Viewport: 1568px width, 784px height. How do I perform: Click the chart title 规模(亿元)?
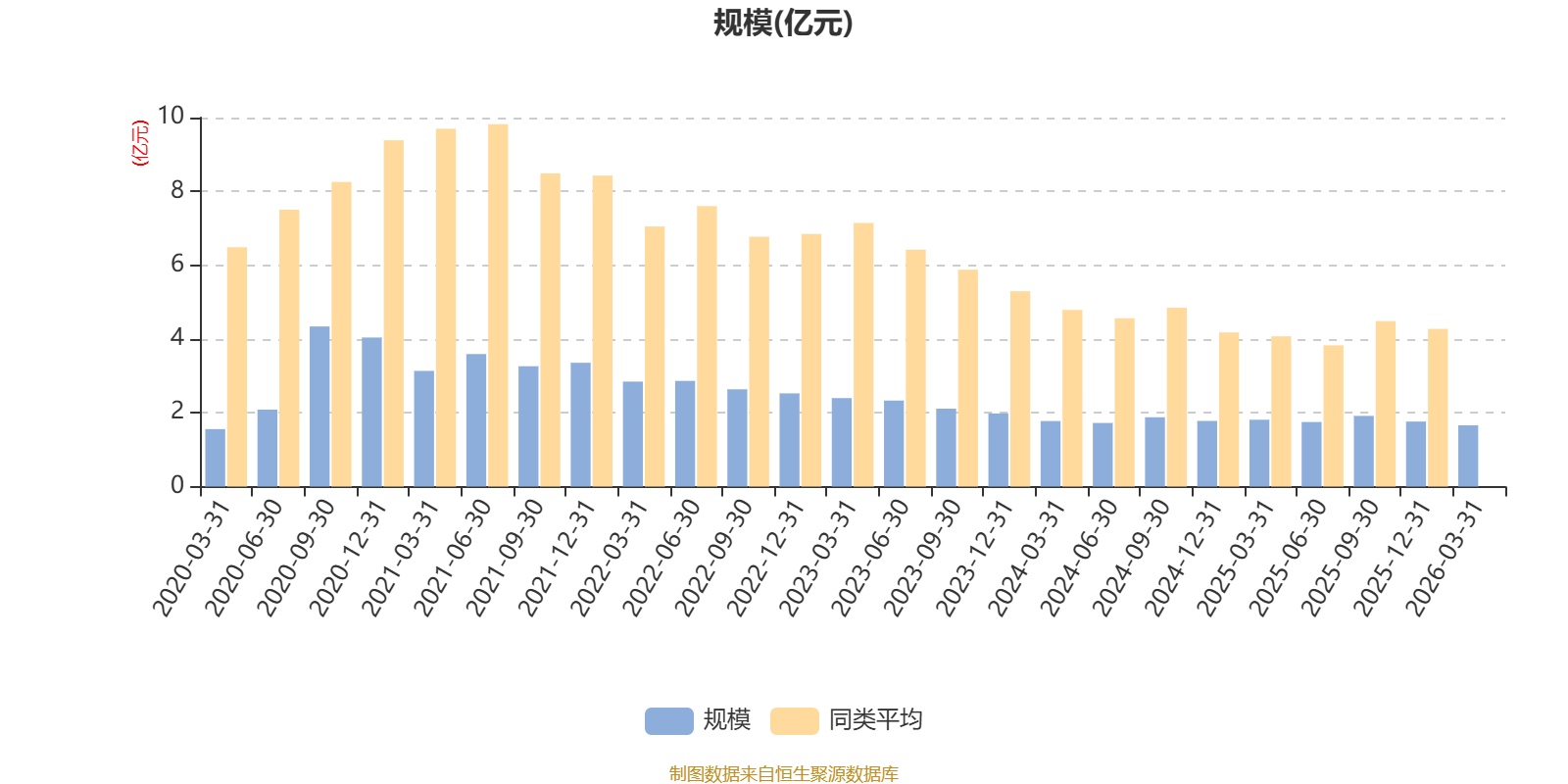pos(783,24)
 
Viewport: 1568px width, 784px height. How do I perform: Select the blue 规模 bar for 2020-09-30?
pos(319,407)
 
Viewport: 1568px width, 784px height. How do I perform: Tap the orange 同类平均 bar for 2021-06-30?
pos(498,305)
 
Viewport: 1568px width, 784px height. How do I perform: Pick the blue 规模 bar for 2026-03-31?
pos(1468,456)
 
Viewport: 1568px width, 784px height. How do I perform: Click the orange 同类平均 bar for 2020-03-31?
pos(237,367)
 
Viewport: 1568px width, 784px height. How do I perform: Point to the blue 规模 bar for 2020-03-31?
pos(215,458)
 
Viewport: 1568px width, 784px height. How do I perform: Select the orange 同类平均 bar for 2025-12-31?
pos(1438,408)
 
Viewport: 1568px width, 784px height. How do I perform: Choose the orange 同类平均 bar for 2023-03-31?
pos(863,355)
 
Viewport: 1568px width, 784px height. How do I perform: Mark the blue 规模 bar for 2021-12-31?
pos(580,424)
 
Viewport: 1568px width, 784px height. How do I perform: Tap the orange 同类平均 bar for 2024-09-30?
pos(1177,397)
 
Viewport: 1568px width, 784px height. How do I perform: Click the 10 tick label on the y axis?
pos(171,117)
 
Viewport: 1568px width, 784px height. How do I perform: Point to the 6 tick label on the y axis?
pos(177,265)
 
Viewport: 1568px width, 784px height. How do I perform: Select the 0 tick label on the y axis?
pos(177,485)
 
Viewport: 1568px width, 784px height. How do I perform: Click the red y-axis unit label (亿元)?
pos(140,143)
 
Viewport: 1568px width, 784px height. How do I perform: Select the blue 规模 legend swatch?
pos(668,721)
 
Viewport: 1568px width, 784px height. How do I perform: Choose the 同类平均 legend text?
pos(875,720)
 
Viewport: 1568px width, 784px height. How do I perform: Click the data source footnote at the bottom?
pos(783,774)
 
